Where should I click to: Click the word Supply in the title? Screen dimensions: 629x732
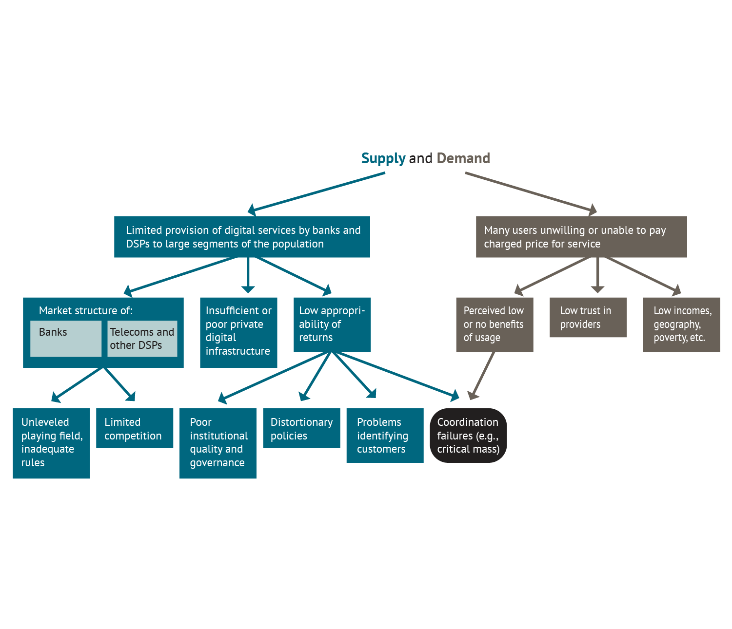383,158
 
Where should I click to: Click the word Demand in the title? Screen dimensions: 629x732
463,158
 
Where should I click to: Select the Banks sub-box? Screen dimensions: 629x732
66,338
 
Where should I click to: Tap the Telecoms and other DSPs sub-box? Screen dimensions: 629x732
142,338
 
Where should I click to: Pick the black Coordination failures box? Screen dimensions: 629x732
468,435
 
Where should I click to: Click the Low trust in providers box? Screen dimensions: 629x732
588,317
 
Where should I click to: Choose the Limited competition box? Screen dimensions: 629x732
135,428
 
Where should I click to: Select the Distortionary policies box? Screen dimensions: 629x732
301,428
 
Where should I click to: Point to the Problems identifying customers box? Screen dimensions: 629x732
385,435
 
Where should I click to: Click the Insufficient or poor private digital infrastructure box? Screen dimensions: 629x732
238,332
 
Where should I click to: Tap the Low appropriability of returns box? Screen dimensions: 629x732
332,324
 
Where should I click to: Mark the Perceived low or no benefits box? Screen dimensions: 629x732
495,324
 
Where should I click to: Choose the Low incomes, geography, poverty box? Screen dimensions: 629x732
681,324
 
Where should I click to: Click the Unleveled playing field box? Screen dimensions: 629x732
51,443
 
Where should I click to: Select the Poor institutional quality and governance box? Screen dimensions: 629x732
218,443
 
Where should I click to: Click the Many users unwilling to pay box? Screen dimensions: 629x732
581,237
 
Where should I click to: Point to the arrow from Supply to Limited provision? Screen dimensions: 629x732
317,192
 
